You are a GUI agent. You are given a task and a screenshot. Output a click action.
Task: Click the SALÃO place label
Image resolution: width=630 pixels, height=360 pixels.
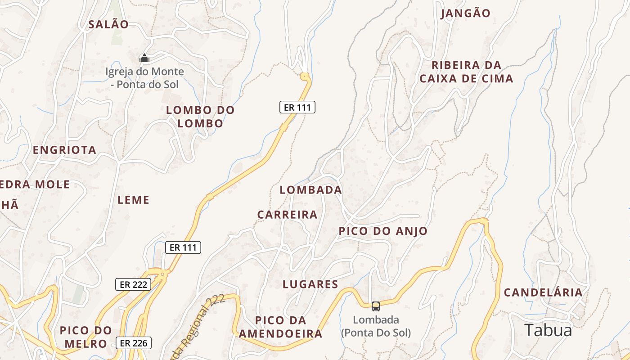point(108,24)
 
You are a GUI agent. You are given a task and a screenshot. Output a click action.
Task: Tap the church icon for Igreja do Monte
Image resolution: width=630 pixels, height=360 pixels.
point(144,58)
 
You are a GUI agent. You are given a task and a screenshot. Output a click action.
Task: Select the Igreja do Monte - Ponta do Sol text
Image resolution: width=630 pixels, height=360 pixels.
point(144,78)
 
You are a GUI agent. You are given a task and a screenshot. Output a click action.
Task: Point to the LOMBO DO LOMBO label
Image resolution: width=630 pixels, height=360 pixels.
point(200,117)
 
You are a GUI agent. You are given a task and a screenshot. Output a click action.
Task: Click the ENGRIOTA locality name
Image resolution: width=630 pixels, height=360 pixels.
point(64,150)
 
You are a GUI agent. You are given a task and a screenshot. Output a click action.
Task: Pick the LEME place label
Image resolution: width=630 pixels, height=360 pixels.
point(133,200)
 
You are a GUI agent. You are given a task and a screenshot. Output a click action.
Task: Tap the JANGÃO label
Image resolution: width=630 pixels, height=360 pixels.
point(465,13)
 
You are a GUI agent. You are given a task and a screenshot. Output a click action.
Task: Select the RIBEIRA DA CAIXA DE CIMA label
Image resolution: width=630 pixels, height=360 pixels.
point(466,72)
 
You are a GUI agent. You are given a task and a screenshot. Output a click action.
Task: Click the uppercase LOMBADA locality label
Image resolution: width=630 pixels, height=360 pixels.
point(310,190)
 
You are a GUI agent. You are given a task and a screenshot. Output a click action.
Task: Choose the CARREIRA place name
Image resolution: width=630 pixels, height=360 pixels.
point(287,215)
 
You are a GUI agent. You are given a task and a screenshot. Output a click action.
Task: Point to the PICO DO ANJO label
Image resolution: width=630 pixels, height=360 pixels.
point(383,231)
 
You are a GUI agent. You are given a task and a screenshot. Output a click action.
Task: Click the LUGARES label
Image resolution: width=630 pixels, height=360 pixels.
point(310,284)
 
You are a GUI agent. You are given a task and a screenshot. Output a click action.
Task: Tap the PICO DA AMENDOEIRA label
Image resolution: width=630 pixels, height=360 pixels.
point(281,327)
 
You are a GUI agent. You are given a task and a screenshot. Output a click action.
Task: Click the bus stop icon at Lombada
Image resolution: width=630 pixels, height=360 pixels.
point(376,306)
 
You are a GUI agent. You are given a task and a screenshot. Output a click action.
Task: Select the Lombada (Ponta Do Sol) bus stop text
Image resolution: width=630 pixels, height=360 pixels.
point(376,326)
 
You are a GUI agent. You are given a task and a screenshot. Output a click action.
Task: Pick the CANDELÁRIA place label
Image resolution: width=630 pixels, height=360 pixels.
point(543,292)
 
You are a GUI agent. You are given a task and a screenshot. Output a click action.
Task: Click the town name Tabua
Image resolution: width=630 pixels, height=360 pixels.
point(548,330)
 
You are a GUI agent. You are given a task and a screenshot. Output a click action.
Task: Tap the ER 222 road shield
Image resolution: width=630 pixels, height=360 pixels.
point(133,284)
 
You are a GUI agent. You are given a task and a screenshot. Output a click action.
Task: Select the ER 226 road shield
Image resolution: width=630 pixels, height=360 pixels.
point(134,343)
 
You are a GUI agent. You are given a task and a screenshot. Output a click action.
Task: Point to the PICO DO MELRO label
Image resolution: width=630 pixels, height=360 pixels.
point(85,337)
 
